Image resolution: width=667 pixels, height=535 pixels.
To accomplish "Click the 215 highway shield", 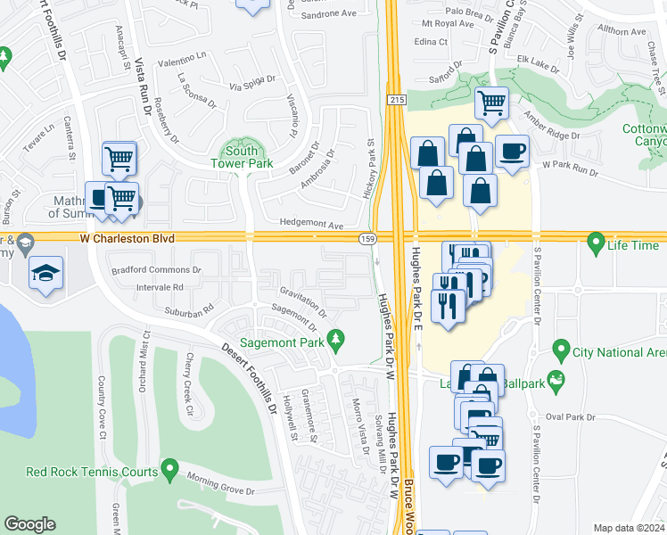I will [392, 101].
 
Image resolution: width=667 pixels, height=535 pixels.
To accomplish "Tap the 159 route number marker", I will [366, 239].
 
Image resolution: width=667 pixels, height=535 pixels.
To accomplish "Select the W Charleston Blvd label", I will [126, 239].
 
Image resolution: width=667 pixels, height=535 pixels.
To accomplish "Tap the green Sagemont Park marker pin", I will [335, 339].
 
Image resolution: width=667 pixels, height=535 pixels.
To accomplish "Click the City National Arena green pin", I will [561, 348].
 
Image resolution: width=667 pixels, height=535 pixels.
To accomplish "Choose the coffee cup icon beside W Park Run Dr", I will [511, 152].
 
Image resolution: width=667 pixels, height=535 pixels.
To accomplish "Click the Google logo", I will [29, 524].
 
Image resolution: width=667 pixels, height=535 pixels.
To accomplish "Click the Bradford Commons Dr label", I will [155, 269].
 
